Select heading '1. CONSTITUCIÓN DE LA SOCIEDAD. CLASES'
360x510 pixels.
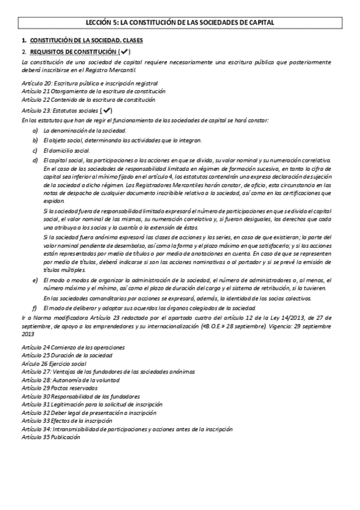pyautogui.click(x=87, y=40)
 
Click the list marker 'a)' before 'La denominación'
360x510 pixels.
pyautogui.click(x=35, y=130)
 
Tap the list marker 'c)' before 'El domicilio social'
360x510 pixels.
pyautogui.click(x=35, y=150)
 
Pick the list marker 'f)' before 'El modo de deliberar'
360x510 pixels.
pyautogui.click(x=35, y=308)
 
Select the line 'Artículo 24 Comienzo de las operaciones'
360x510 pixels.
pyautogui.click(x=73, y=347)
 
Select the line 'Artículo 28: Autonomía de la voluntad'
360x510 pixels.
pyautogui.click(x=69, y=380)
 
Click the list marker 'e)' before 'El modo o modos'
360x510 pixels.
pyautogui.click(x=35, y=280)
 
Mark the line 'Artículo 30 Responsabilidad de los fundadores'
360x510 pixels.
pyautogui.click(x=80, y=396)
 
